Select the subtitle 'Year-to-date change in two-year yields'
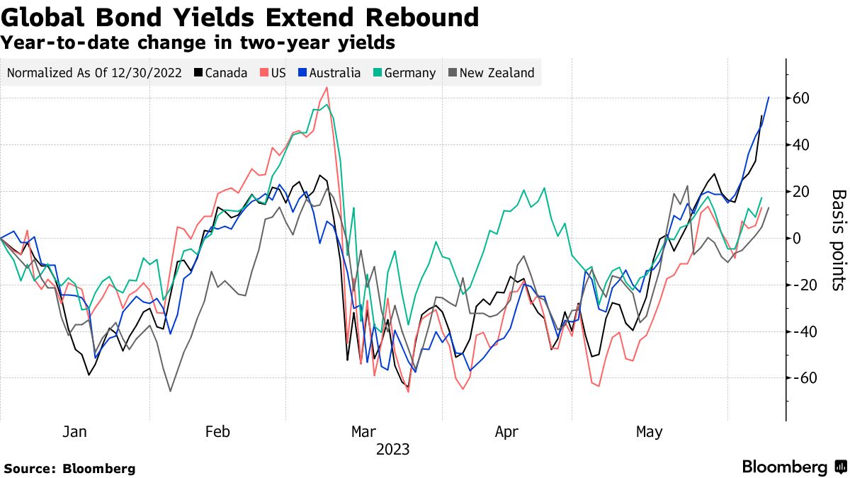(198, 43)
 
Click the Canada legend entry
(220, 73)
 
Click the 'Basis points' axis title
(838, 239)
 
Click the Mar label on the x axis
(363, 431)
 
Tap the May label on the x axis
(650, 431)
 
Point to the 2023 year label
(392, 450)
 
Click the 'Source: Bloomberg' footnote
(69, 468)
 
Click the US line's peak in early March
(327, 88)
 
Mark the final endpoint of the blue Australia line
(769, 97)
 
